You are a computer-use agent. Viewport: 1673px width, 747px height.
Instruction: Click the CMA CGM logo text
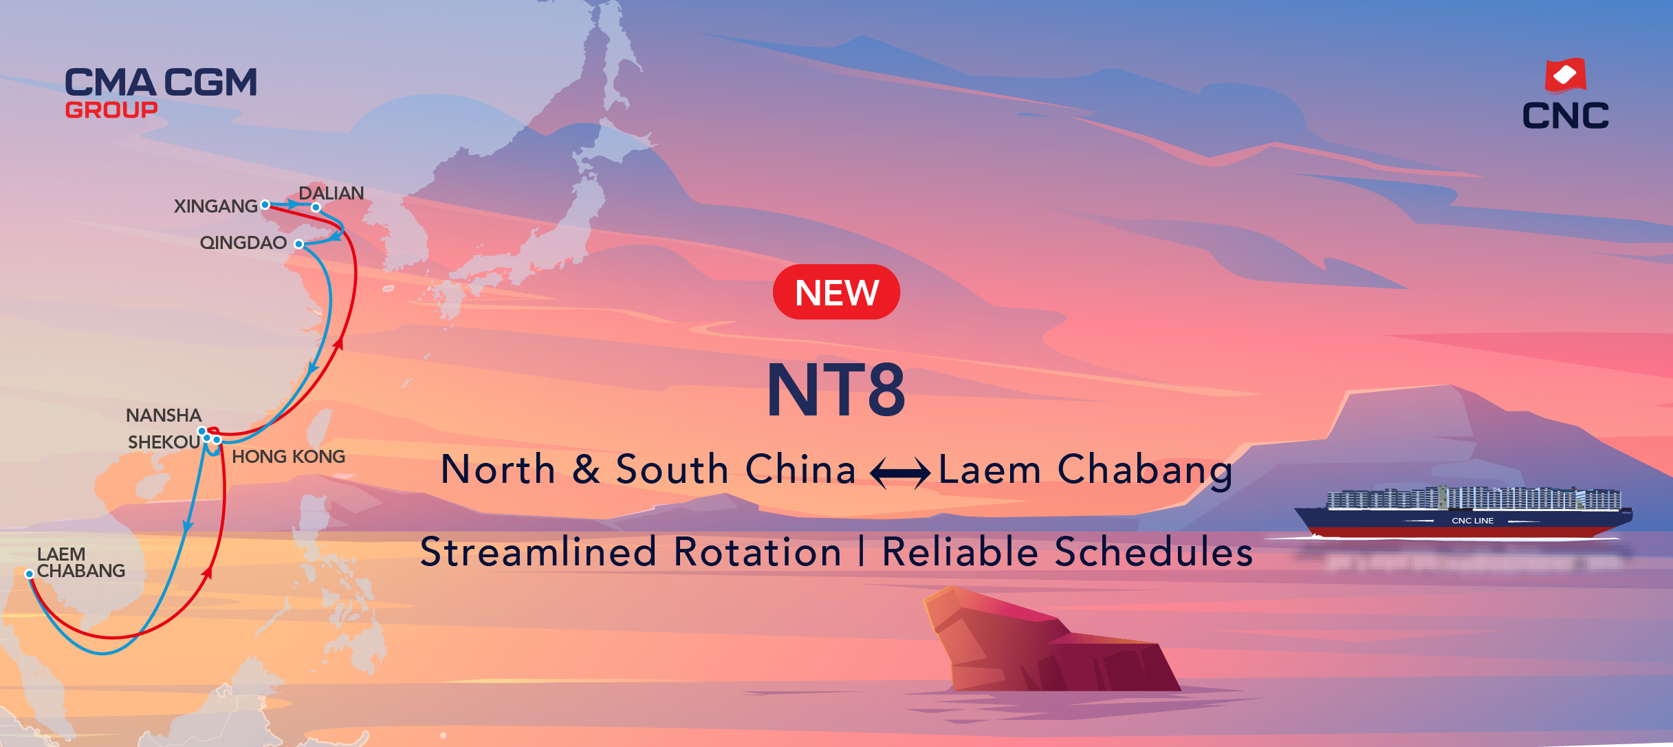[x=161, y=83]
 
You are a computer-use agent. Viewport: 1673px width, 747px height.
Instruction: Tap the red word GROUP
[x=111, y=110]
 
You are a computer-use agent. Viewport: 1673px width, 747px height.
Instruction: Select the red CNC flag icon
[x=1565, y=75]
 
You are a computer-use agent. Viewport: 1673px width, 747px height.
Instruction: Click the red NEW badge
[x=836, y=292]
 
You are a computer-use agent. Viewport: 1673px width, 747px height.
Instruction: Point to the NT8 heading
[x=836, y=390]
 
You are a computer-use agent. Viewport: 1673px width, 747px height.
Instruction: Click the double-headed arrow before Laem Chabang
[x=900, y=473]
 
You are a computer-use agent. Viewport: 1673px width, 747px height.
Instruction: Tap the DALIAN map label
[x=331, y=193]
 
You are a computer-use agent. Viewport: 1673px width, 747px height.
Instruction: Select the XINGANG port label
[x=215, y=206]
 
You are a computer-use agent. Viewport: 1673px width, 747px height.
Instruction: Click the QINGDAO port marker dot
[x=299, y=244]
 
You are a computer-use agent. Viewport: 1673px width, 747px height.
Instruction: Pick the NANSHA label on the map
[x=164, y=415]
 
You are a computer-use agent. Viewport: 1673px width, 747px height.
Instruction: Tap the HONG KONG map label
[x=289, y=457]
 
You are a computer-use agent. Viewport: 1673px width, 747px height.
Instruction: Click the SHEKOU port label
[x=164, y=442]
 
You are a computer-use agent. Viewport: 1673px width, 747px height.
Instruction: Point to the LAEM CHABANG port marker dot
[x=30, y=574]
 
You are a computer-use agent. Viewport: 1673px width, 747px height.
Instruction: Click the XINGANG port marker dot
[x=265, y=205]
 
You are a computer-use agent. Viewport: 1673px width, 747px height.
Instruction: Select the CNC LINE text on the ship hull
[x=1472, y=521]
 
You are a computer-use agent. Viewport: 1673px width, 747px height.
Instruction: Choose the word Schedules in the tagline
[x=1153, y=552]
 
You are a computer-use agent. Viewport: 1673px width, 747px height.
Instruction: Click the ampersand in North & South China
[x=586, y=469]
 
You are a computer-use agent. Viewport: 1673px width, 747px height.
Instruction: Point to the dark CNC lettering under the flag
[x=1566, y=116]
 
